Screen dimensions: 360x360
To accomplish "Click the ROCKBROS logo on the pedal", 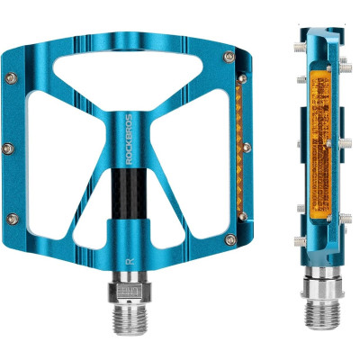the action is click(x=129, y=139).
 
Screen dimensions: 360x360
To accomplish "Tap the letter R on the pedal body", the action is click(x=130, y=261).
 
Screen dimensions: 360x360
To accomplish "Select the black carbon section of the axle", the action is click(x=129, y=194).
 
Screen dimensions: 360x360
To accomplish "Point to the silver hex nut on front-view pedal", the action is click(x=130, y=292).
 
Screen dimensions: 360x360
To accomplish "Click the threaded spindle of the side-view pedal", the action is click(x=322, y=315).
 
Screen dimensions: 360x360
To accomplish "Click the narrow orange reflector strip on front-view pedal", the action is click(x=239, y=148).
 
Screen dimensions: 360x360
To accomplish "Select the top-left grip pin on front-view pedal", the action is click(x=12, y=78).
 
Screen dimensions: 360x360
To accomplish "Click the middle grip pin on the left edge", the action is click(x=8, y=148).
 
